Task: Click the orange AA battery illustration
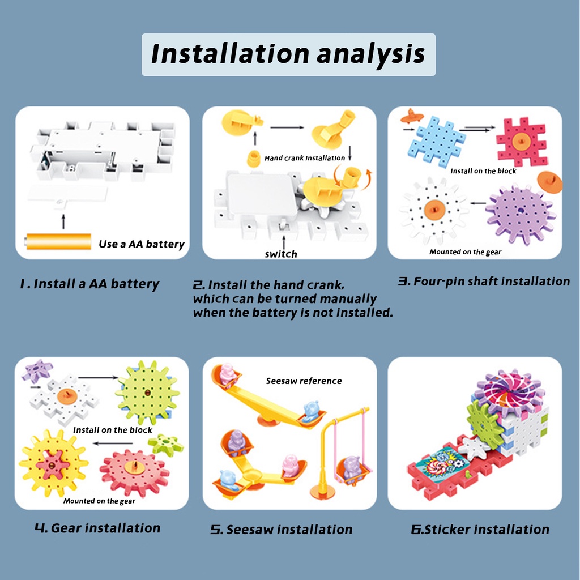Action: [58, 241]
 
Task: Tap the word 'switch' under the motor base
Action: [281, 254]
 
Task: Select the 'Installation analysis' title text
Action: [288, 54]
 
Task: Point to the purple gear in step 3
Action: [521, 211]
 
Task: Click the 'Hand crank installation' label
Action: [305, 158]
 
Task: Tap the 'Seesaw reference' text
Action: [304, 381]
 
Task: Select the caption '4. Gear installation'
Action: [97, 528]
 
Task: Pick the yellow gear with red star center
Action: [53, 463]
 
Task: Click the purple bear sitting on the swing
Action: [351, 469]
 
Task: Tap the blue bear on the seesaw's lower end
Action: [312, 411]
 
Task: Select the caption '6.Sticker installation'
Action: [480, 530]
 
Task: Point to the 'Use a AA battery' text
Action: [141, 244]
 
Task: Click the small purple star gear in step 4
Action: [36, 370]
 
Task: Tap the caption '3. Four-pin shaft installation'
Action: [484, 282]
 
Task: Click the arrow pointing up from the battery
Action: [63, 221]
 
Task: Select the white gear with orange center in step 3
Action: [434, 211]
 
